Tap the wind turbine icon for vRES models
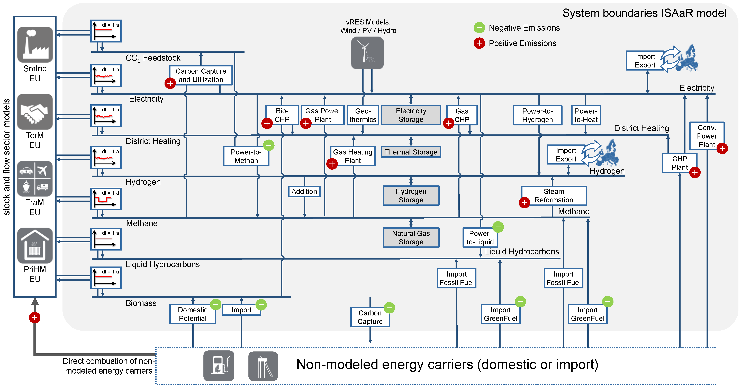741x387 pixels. (x=367, y=53)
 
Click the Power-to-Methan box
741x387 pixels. (x=246, y=156)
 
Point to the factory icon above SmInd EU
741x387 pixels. (x=35, y=45)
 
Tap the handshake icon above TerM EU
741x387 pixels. (x=35, y=112)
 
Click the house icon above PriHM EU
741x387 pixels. (x=35, y=246)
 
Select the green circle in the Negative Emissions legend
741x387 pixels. (x=479, y=28)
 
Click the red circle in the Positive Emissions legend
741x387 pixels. (x=479, y=43)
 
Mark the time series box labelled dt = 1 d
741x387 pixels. (x=106, y=199)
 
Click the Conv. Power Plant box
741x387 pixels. (x=707, y=136)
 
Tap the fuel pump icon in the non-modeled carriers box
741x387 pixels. (x=219, y=366)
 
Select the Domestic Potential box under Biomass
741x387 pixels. (x=193, y=314)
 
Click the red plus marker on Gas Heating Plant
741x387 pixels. (x=332, y=164)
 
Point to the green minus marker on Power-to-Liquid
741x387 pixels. (x=498, y=227)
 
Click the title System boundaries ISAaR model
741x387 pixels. (x=644, y=13)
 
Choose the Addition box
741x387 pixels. (x=304, y=192)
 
